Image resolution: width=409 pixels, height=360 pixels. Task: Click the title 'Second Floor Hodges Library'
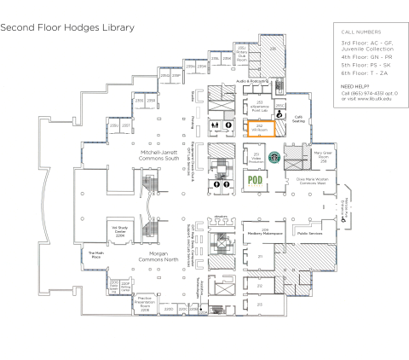(67, 27)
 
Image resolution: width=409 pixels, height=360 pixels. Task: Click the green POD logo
(254, 180)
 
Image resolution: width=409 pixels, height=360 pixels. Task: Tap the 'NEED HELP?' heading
(354, 86)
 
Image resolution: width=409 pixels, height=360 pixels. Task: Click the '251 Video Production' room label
(255, 158)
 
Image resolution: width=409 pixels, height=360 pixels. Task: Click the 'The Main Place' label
(96, 254)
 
